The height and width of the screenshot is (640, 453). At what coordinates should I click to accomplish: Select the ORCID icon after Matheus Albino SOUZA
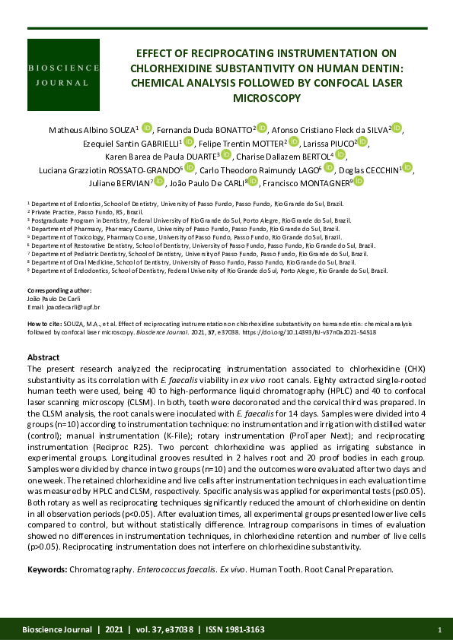tap(147, 129)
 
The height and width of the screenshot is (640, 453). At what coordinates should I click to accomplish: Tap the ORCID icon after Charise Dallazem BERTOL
tap(340, 156)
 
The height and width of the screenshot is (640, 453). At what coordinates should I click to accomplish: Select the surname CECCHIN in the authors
tap(377, 169)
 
